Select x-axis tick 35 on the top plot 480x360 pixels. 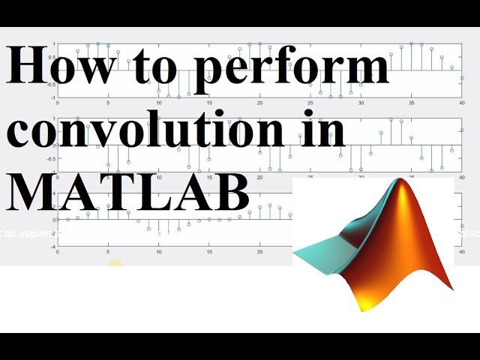tap(411, 103)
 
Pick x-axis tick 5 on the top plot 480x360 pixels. tap(108, 103)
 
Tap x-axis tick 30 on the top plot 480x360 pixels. tap(361, 103)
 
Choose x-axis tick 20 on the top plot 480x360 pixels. tap(259, 103)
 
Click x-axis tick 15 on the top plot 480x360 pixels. tap(209, 103)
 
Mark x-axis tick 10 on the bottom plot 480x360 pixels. tap(158, 253)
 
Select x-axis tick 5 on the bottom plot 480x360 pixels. tap(108, 253)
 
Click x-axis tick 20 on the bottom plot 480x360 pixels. tap(259, 253)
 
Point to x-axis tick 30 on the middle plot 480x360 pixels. tap(361, 178)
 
